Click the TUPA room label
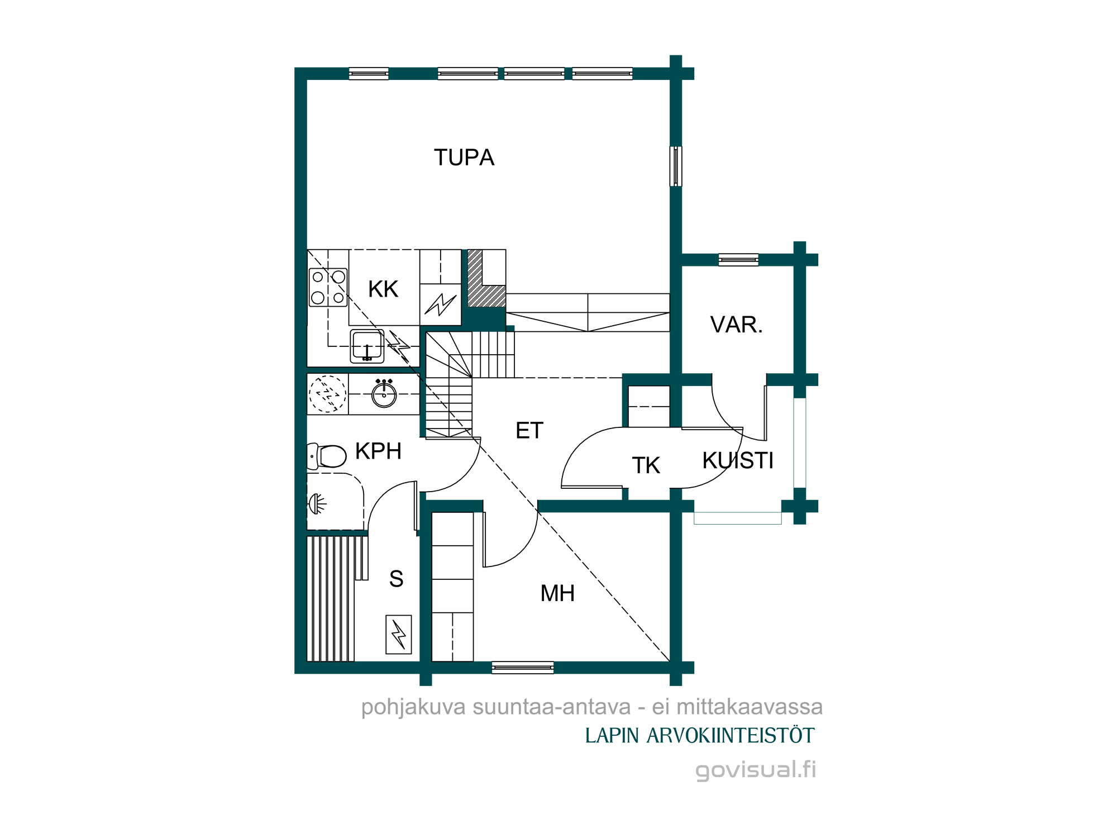pyautogui.click(x=464, y=158)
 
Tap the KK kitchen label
pyautogui.click(x=383, y=289)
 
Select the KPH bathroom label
pyautogui.click(x=378, y=451)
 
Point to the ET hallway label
pyautogui.click(x=529, y=430)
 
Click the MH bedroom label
pyautogui.click(x=557, y=593)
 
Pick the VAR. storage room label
pyautogui.click(x=737, y=325)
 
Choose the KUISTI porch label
pyautogui.click(x=738, y=460)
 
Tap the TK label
pyautogui.click(x=646, y=465)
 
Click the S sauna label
pyautogui.click(x=396, y=579)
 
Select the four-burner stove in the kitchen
pyautogui.click(x=328, y=287)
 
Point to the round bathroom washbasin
pyautogui.click(x=384, y=394)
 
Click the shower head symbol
pyautogui.click(x=317, y=504)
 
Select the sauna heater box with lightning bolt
pyautogui.click(x=399, y=635)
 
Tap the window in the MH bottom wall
pyautogui.click(x=523, y=668)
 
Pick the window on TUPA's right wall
pyautogui.click(x=676, y=166)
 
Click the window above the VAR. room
pyautogui.click(x=738, y=260)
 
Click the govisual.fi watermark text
pyautogui.click(x=756, y=770)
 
